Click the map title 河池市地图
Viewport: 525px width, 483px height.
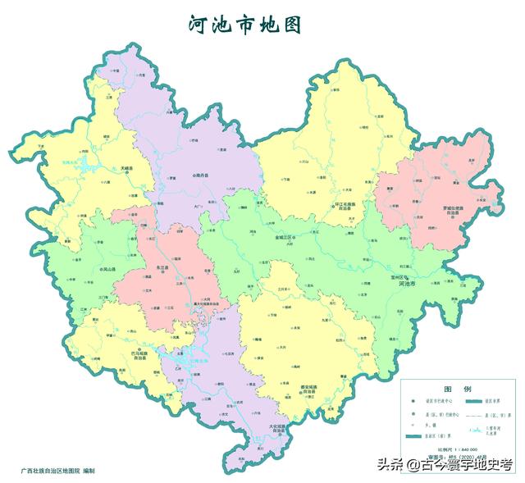pos(244,24)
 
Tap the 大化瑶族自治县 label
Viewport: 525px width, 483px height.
pos(280,429)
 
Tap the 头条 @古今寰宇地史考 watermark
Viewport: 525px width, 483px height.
pos(444,465)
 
